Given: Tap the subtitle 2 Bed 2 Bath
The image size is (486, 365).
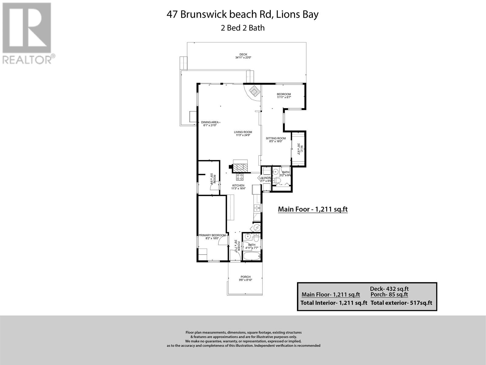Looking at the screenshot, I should coord(242,28).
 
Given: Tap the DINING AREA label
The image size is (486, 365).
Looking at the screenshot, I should coord(210,123).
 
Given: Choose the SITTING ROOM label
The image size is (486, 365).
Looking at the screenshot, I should coord(276,140).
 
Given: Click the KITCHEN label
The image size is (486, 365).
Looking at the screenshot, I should coord(238,187).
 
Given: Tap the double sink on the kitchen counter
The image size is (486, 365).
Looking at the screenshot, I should coord(257,208).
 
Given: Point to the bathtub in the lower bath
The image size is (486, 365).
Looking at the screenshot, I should coord(252,256).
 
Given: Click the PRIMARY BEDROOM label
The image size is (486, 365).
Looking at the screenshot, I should coord(212,237).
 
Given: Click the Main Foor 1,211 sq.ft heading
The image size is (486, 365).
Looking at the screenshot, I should coord(313,209).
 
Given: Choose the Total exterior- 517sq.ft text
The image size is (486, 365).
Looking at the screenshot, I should coord(401,303).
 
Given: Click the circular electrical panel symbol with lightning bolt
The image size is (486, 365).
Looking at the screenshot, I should coord(257,227).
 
